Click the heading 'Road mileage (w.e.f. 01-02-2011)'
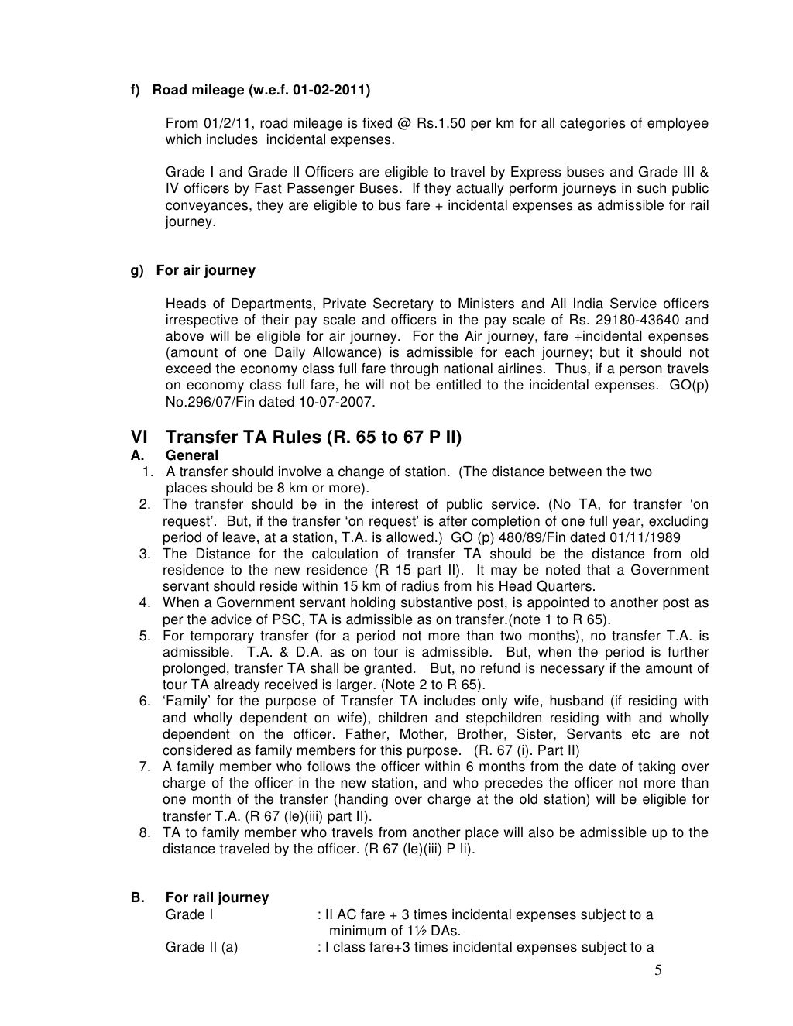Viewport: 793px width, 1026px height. click(x=261, y=91)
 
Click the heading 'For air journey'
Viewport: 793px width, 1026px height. click(x=205, y=270)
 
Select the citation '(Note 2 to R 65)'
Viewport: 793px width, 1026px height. click(x=434, y=685)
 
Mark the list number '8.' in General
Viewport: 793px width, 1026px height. click(x=145, y=832)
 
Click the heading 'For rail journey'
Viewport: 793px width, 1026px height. click(x=217, y=897)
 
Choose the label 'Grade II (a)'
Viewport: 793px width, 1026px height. click(x=201, y=947)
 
